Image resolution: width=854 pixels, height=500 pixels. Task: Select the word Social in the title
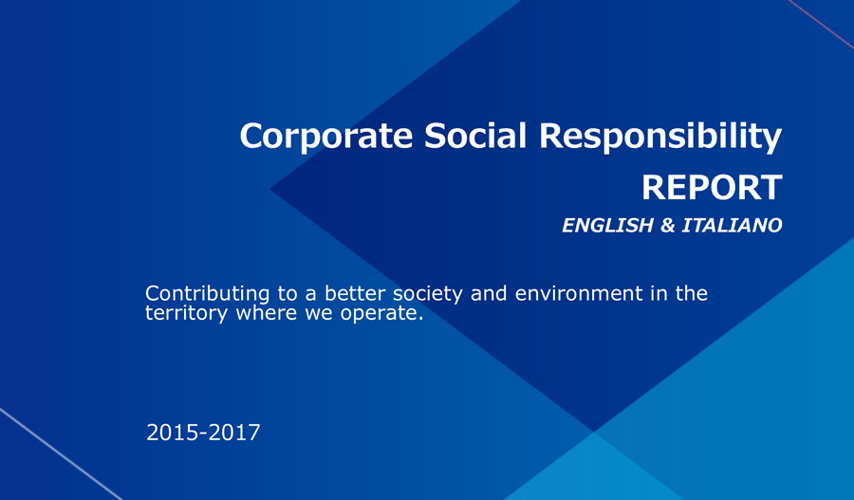[475, 135]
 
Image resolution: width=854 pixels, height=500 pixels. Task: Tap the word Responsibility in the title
[660, 137]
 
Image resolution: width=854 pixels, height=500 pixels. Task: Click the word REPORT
[712, 188]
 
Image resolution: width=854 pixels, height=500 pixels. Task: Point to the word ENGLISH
[607, 226]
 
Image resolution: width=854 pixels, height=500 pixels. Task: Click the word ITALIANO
[732, 226]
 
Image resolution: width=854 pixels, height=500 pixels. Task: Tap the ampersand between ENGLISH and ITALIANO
[668, 226]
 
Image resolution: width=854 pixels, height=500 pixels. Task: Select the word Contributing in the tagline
[208, 294]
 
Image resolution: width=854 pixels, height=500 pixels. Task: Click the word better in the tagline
[355, 293]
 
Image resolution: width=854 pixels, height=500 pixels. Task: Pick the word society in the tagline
[428, 295]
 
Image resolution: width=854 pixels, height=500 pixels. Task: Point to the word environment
[579, 293]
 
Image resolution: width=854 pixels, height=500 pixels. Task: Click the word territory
[186, 314]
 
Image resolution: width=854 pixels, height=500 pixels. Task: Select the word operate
[381, 314]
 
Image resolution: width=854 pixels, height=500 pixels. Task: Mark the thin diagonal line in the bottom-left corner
[61, 454]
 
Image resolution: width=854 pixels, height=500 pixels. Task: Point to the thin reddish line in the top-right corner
[821, 24]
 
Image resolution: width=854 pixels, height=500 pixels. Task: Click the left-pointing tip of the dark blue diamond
[270, 189]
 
